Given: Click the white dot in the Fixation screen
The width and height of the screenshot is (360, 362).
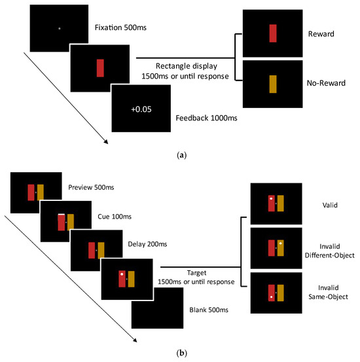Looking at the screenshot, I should tap(59, 28).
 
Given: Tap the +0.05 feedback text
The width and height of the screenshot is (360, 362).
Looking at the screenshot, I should tap(141, 109).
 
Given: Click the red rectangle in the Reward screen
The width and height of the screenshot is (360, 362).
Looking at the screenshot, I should tap(273, 32).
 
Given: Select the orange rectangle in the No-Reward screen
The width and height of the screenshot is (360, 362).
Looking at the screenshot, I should tap(273, 83).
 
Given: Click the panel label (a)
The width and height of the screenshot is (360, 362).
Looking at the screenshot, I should tap(180, 155).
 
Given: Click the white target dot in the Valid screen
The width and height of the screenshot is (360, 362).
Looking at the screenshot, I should tap(271, 197).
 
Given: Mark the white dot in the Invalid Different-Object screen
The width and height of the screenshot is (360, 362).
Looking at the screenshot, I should tap(280, 243).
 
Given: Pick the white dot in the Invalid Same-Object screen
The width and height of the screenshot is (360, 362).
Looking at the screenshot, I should tap(271, 298).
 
